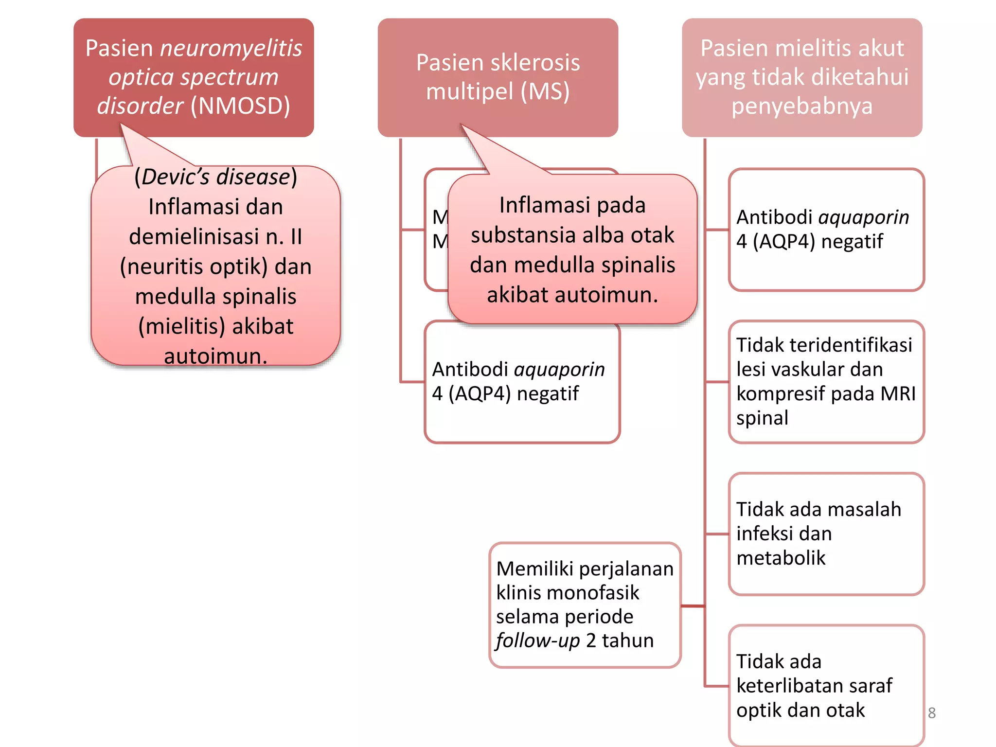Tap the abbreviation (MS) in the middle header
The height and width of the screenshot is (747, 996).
coord(545,91)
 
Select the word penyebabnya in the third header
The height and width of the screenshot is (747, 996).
coord(802,106)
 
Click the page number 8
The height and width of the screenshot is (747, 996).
coord(931,713)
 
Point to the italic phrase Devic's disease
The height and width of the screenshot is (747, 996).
coord(216,177)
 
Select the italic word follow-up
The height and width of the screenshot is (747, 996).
coord(537,640)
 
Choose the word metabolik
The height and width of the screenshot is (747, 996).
coord(781,558)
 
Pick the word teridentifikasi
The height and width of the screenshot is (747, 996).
coord(851,345)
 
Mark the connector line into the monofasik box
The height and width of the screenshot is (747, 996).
coord(693,606)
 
